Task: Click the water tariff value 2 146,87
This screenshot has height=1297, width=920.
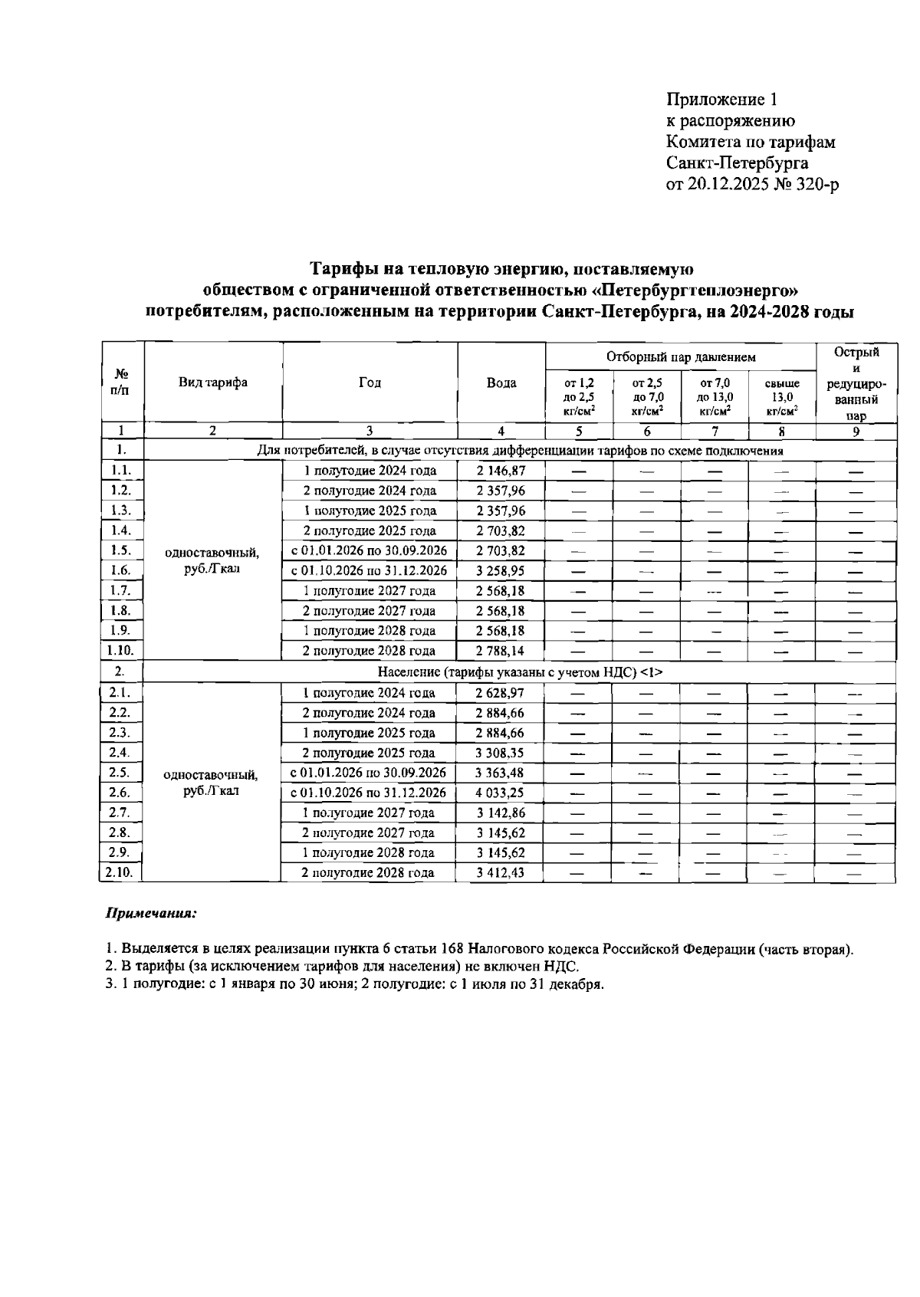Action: point(500,471)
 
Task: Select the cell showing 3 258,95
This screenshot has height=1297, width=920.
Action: point(500,570)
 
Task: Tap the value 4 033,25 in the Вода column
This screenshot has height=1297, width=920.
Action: point(500,793)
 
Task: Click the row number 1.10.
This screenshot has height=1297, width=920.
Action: point(120,650)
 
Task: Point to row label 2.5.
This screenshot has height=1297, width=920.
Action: point(119,772)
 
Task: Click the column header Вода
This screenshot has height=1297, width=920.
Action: point(501,383)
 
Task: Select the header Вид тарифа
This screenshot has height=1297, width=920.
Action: point(213,383)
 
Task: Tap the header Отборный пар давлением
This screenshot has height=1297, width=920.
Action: point(680,356)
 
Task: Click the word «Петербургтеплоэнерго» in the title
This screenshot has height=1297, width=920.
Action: point(696,291)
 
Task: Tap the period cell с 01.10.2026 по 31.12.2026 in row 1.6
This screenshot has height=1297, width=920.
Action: point(370,570)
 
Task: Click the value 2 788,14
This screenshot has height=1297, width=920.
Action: point(500,651)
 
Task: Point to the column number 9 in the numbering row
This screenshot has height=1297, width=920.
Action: point(856,432)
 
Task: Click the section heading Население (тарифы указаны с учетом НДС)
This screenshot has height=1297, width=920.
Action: point(520,671)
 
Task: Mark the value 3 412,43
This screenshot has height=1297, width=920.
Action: point(500,872)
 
